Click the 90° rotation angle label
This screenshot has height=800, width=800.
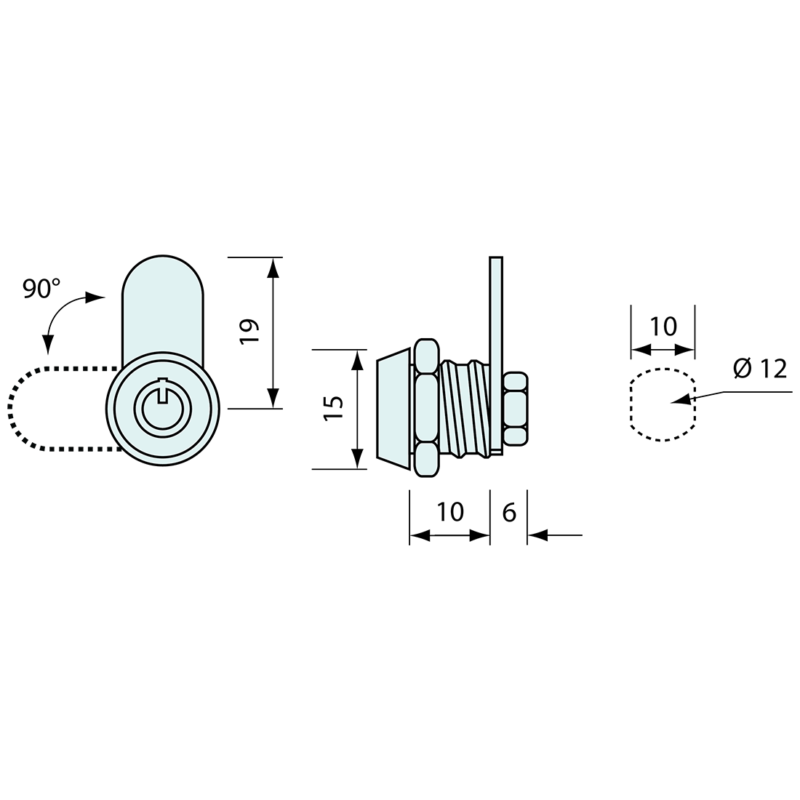click(x=41, y=289)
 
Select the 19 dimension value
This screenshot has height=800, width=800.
click(x=249, y=332)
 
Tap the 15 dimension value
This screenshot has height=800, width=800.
click(x=333, y=408)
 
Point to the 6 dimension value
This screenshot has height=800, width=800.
click(x=509, y=512)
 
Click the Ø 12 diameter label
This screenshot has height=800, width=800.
click(x=760, y=369)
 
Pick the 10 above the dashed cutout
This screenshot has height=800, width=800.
click(x=663, y=327)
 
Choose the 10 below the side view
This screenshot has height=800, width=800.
click(x=451, y=512)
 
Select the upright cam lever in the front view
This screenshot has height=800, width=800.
click(x=162, y=305)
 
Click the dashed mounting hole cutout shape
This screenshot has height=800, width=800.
click(x=663, y=404)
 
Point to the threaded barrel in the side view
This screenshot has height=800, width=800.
click(x=462, y=407)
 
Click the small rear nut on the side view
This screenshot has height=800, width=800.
click(x=516, y=409)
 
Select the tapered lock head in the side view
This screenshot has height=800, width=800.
click(x=393, y=408)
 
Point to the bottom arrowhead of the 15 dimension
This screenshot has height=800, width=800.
click(x=356, y=459)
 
